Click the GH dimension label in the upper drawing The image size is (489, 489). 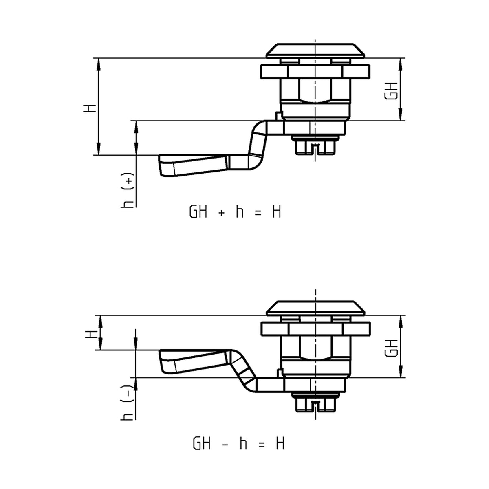[x=391, y=91]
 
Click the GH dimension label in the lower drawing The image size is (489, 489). [x=391, y=348]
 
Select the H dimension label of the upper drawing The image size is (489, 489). [x=90, y=108]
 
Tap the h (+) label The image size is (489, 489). [x=127, y=190]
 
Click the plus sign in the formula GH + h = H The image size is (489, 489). [x=222, y=214]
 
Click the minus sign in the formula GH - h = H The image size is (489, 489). [x=225, y=445]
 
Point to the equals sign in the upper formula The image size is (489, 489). [x=258, y=214]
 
